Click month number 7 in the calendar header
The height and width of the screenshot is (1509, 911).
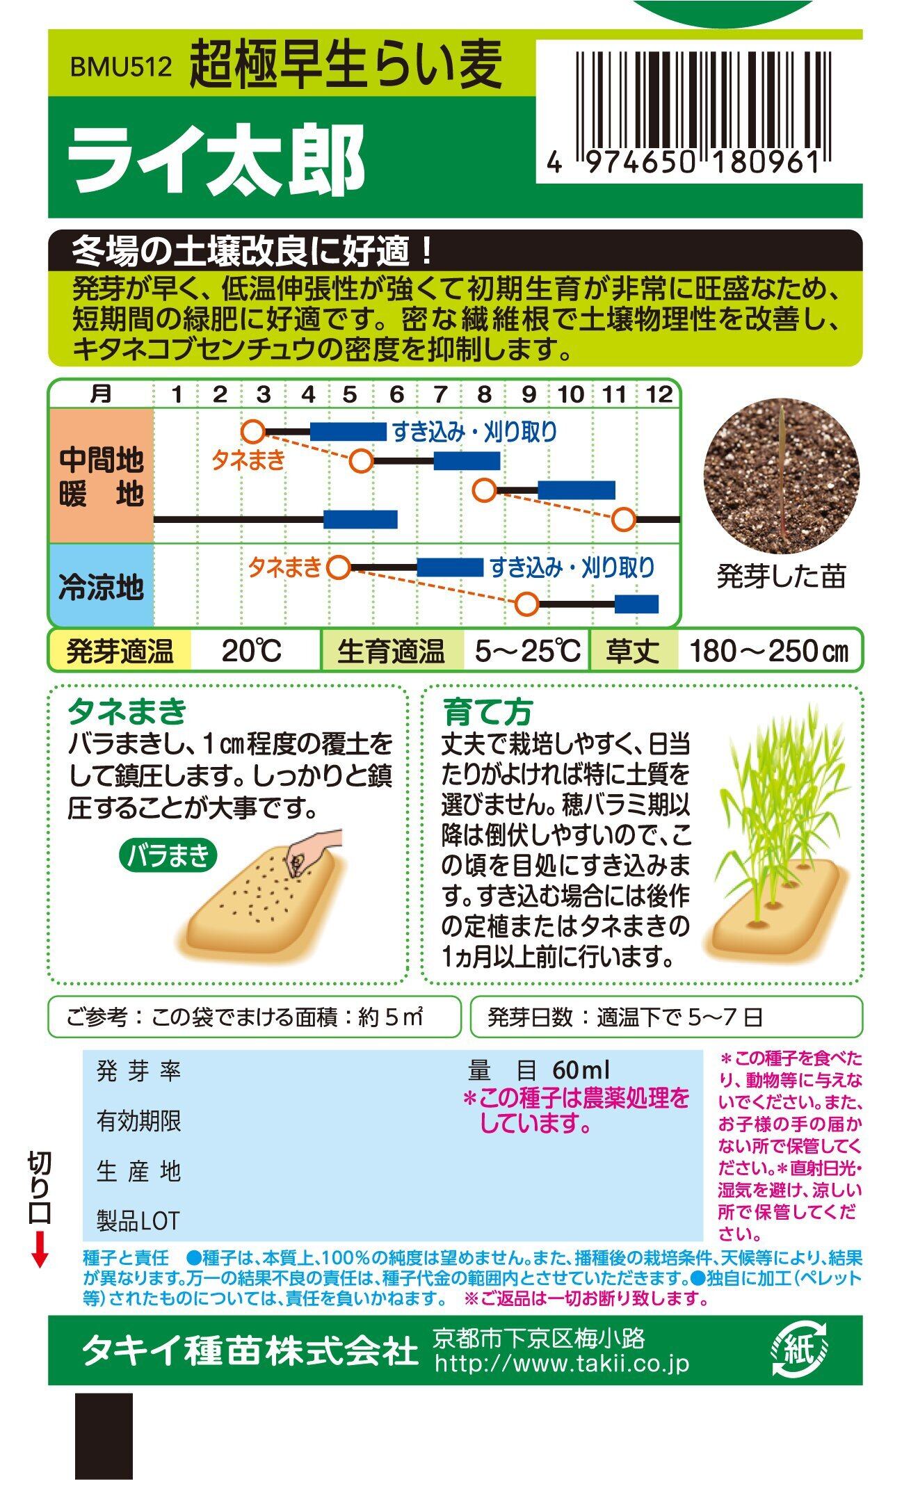pos(440,395)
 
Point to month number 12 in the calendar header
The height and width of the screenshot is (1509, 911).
pos(659,395)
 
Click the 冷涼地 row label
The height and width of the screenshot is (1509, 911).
pos(101,587)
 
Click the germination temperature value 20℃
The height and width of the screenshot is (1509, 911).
pos(252,652)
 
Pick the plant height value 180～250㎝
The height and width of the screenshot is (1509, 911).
pos(769,652)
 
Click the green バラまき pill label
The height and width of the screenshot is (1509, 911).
pos(168,856)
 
